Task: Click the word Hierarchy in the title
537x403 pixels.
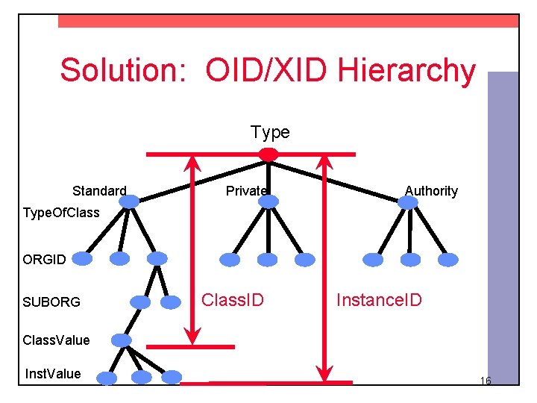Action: (406, 70)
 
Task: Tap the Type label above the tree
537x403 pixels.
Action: (270, 133)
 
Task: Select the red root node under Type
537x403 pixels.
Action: (268, 154)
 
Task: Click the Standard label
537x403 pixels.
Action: (99, 191)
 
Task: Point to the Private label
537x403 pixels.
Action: (246, 191)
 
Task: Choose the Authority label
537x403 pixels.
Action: (431, 191)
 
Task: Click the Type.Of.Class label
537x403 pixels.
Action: (61, 213)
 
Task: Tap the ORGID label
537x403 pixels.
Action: (44, 260)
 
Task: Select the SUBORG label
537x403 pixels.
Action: (51, 302)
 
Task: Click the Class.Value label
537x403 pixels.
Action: (56, 340)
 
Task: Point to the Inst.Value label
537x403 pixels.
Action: (53, 373)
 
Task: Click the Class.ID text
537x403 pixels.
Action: (233, 300)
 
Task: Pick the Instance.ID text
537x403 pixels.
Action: (379, 300)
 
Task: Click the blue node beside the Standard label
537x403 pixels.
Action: (130, 201)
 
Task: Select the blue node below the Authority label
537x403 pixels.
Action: (409, 201)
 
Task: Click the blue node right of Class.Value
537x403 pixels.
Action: (121, 340)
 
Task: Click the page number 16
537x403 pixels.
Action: (485, 381)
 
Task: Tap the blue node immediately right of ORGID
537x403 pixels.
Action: (82, 259)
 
